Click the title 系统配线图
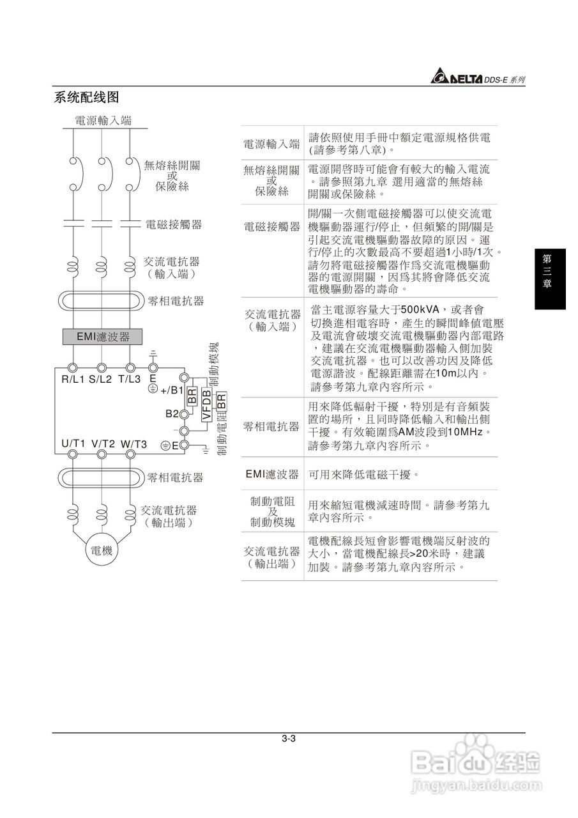tap(87, 97)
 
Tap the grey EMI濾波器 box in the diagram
tap(102, 336)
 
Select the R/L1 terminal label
tap(73, 378)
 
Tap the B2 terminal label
tap(172, 413)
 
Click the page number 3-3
tap(288, 739)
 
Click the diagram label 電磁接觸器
tap(174, 224)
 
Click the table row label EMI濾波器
tap(272, 474)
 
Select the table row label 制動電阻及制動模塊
tap(272, 511)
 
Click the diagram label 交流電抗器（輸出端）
tap(169, 516)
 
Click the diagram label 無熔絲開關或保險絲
tap(172, 176)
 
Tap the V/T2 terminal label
tap(103, 444)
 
